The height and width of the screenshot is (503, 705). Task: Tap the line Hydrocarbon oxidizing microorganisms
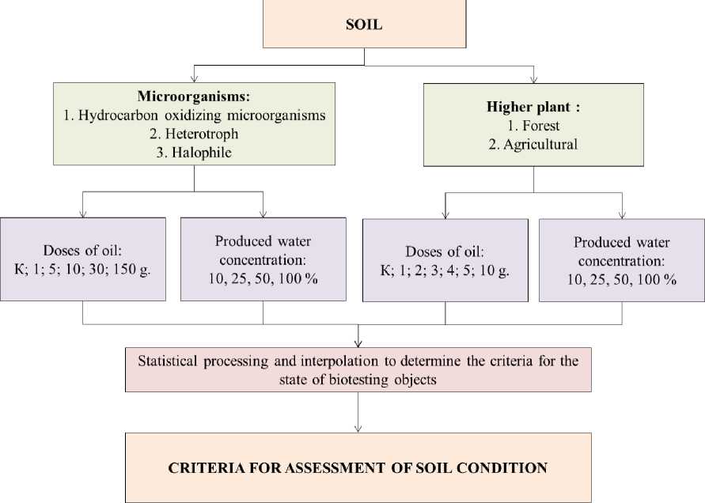point(195,115)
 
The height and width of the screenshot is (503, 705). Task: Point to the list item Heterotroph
point(195,134)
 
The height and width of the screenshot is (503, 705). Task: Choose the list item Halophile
point(195,152)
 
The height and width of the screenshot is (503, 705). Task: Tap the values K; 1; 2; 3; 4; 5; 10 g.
point(445,269)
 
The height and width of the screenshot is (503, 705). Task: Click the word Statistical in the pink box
point(169,361)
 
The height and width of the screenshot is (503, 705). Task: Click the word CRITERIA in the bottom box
point(201,467)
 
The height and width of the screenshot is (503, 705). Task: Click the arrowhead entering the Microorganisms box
point(195,78)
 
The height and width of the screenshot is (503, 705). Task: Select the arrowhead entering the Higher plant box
point(534,78)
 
